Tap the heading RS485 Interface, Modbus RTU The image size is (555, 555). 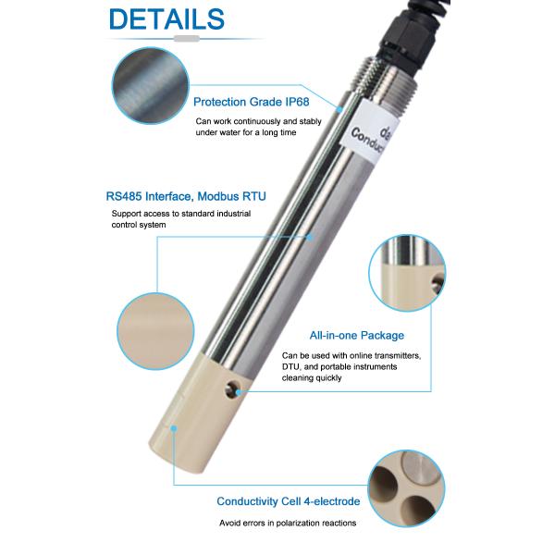coord(185,196)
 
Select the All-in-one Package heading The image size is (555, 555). coord(356,336)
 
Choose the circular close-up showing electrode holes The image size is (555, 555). coord(407,489)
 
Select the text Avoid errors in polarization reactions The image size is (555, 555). coord(287,523)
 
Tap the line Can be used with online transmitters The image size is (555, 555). coord(351,356)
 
